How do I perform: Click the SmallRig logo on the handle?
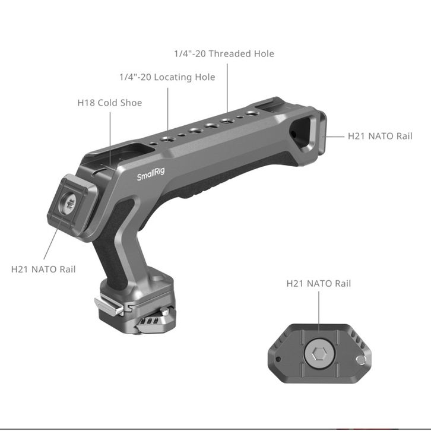151,174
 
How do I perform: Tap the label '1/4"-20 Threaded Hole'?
224,53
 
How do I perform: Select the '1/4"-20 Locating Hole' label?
167,77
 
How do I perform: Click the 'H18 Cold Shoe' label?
110,103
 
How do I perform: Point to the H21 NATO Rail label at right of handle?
380,136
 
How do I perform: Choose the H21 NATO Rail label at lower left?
43,269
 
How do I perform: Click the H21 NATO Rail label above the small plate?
319,283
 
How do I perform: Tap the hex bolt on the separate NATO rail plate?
319,353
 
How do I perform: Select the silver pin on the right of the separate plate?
361,360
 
